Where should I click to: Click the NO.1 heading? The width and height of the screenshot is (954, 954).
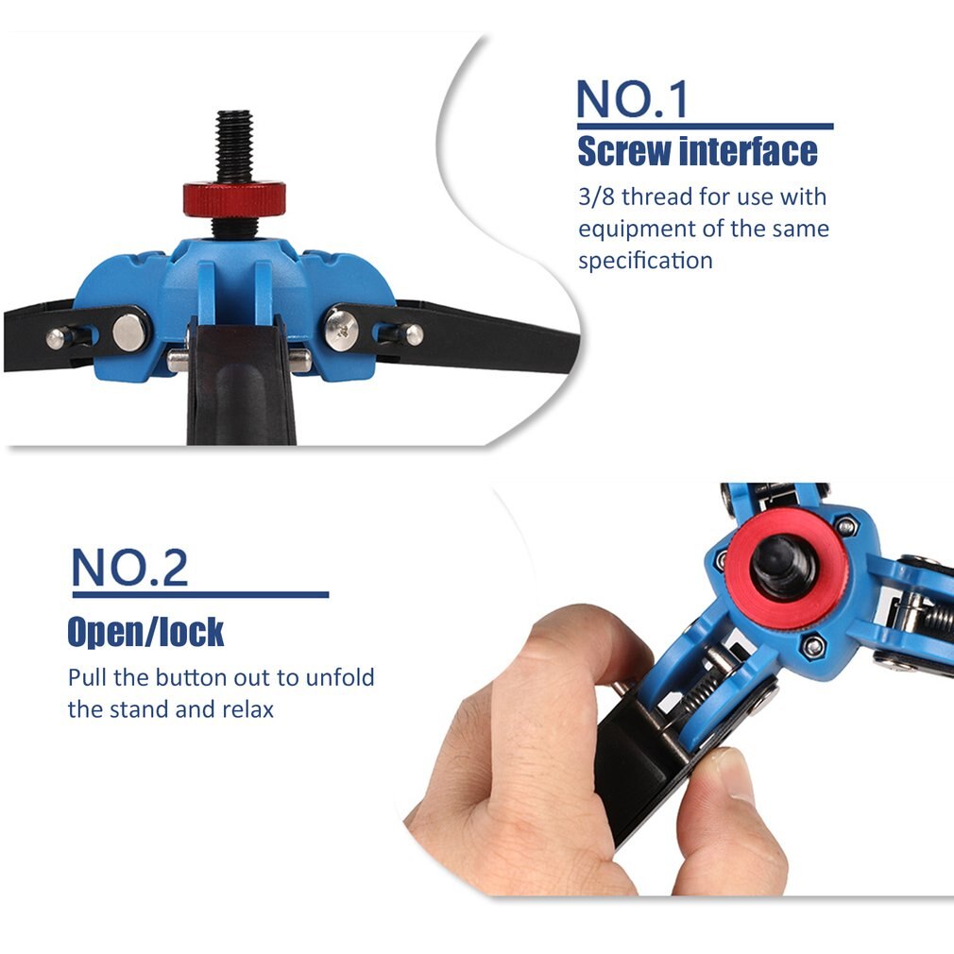632,98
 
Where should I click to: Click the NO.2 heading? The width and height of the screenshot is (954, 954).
129,567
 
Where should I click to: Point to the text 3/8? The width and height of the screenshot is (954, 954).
596,196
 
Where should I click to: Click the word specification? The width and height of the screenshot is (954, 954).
645,261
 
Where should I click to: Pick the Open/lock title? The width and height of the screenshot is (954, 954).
145,632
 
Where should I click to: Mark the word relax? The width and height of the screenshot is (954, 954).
248,709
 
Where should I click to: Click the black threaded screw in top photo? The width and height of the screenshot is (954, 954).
233,146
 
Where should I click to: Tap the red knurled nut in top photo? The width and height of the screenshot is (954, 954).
234,198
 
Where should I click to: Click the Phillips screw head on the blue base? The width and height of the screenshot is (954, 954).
341,329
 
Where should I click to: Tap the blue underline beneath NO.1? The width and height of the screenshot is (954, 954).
706,127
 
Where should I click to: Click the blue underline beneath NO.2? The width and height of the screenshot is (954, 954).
201,594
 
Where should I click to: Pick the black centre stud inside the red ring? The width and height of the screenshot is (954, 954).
781,567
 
